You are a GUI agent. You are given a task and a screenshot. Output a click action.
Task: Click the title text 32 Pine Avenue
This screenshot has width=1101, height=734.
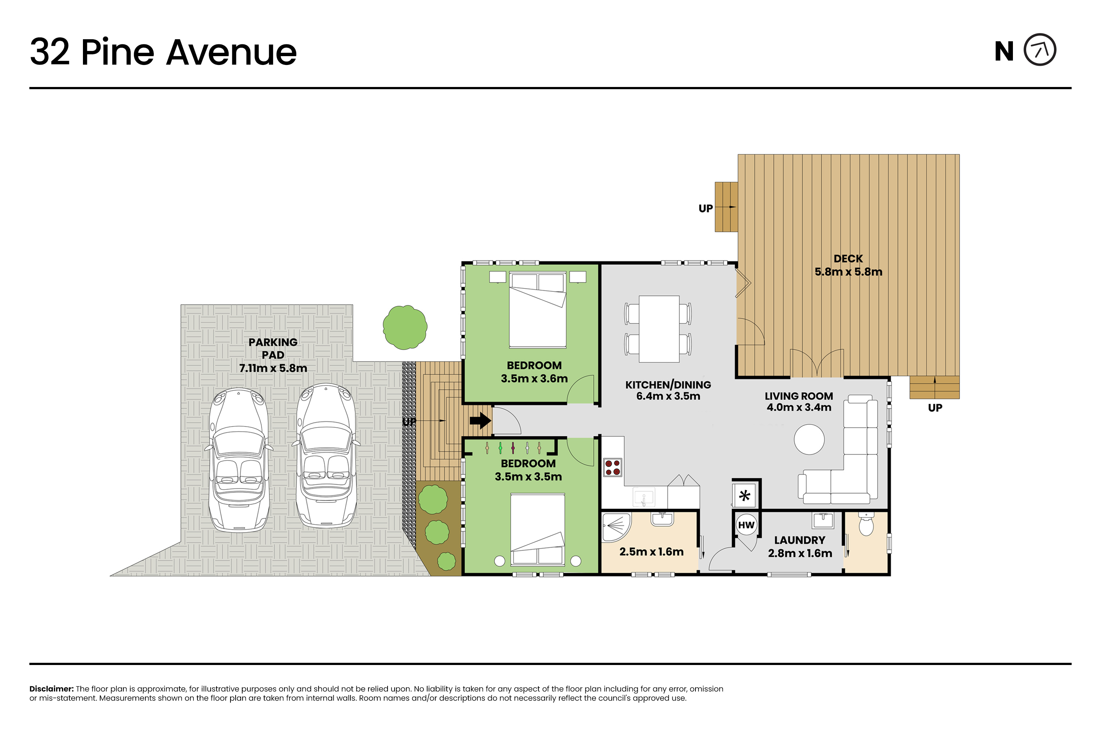tap(163, 52)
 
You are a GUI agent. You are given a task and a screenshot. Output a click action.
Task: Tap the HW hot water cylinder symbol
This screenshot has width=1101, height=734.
tap(746, 525)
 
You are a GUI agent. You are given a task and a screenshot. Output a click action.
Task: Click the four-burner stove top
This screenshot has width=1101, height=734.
tap(612, 467)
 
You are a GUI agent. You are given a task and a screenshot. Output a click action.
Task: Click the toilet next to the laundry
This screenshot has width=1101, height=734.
tap(866, 524)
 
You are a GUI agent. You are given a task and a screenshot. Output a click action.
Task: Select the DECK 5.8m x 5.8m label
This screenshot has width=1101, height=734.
tap(848, 265)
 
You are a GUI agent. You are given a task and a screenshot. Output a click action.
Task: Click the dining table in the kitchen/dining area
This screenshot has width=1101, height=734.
tap(659, 329)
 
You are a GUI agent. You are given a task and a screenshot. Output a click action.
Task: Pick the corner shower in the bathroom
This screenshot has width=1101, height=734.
tap(616, 528)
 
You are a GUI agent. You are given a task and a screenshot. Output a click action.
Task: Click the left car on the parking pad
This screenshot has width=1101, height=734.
tap(239, 460)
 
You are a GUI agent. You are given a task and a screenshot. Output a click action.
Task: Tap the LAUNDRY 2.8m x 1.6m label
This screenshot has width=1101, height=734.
tap(800, 546)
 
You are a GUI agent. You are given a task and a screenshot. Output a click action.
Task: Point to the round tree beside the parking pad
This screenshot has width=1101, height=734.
tap(405, 327)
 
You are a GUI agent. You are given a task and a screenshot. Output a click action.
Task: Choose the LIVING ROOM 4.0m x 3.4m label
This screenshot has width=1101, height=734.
tap(799, 401)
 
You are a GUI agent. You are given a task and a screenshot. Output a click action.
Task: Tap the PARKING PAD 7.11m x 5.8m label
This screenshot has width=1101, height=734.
tap(273, 355)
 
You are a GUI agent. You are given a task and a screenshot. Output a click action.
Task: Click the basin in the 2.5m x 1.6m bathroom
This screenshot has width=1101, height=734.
tap(662, 519)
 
